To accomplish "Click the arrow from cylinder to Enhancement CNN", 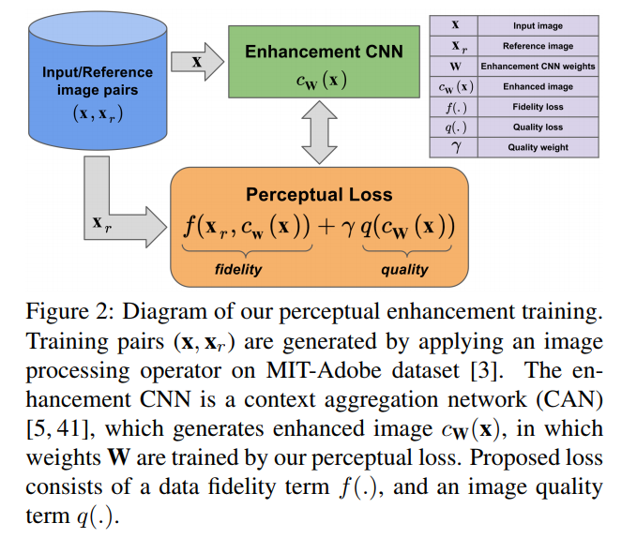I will click(198, 63).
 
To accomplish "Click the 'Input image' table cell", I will click(538, 26).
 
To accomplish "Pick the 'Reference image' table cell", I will click(538, 46).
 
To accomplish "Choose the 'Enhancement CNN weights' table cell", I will click(538, 67).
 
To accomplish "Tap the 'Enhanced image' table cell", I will click(538, 86).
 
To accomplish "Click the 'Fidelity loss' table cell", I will click(538, 107).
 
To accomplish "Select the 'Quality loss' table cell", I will click(538, 127).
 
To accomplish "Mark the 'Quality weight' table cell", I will click(538, 147).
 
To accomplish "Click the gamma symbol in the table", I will click(456, 148).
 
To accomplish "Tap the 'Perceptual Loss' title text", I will click(319, 195).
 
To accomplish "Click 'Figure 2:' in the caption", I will click(60, 314).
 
